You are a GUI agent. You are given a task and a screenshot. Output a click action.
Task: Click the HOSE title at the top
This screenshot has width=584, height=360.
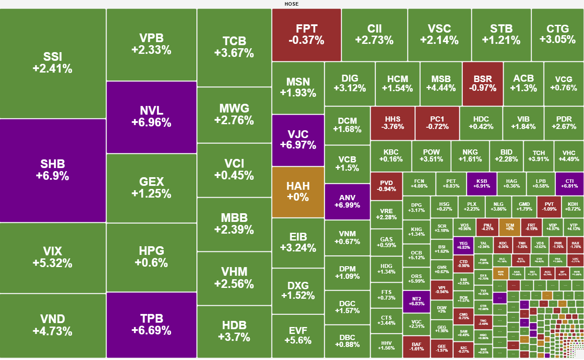pyautogui.click(x=292, y=4)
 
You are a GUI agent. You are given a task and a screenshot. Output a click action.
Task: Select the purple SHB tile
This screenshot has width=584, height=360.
pyautogui.click(x=53, y=170)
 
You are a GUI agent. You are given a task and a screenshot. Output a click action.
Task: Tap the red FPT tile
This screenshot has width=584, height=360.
pyautogui.click(x=306, y=35)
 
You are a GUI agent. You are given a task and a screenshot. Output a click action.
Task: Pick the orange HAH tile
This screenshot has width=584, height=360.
pyautogui.click(x=298, y=192)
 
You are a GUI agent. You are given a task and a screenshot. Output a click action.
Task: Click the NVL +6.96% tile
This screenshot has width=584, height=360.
pyautogui.click(x=151, y=117)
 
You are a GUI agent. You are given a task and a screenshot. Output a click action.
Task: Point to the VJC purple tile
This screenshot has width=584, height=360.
pyautogui.click(x=298, y=140)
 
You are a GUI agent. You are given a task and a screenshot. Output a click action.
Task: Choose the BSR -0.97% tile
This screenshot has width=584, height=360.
pyautogui.click(x=482, y=84)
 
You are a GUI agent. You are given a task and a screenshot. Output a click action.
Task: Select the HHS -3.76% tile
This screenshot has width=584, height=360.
pyautogui.click(x=392, y=123)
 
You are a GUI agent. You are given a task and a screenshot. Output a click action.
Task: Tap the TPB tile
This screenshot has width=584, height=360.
pyautogui.click(x=151, y=324)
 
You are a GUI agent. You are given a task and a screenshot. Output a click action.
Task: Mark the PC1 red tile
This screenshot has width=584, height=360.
pyautogui.click(x=437, y=123)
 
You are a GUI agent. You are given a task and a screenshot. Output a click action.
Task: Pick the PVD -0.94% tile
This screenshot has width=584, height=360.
pyautogui.click(x=386, y=186)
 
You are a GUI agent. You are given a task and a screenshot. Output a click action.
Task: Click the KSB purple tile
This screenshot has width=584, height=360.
pyautogui.click(x=481, y=184)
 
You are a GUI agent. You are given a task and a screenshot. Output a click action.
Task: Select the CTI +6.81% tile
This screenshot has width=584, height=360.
pyautogui.click(x=569, y=184)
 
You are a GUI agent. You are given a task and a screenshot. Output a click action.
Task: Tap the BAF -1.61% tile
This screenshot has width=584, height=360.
pyautogui.click(x=416, y=346)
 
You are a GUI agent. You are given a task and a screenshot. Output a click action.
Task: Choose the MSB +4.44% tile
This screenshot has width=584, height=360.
pyautogui.click(x=441, y=84)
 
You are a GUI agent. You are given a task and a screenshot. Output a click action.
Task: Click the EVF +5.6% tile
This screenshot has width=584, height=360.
pyautogui.click(x=298, y=335)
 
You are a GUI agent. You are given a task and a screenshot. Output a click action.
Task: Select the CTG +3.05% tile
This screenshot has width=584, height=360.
pyautogui.click(x=557, y=34)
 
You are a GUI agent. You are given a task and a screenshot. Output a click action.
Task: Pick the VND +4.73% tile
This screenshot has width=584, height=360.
pyautogui.click(x=53, y=325)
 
